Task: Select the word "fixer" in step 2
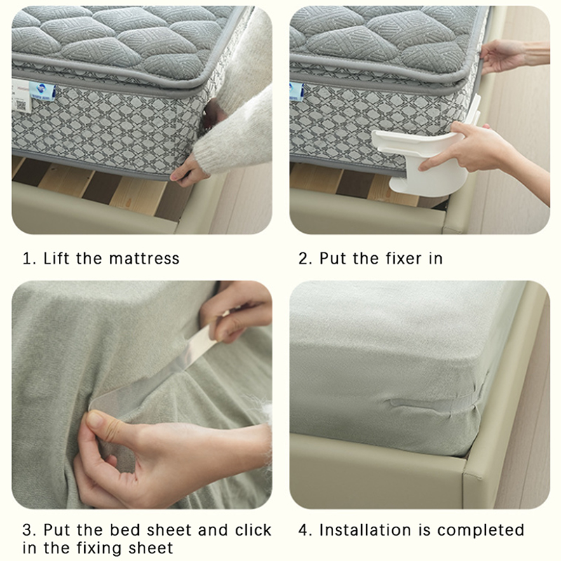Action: coord(404,258)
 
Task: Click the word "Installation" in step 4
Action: coord(365,530)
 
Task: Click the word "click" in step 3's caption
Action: coord(253,530)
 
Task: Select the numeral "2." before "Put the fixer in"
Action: coord(305,258)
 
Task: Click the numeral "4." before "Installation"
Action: coord(305,530)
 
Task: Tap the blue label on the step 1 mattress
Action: coord(42,91)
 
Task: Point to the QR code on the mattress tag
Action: coord(22,105)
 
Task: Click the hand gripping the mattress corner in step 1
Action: coord(189,172)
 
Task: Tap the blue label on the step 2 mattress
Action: coord(297,91)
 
